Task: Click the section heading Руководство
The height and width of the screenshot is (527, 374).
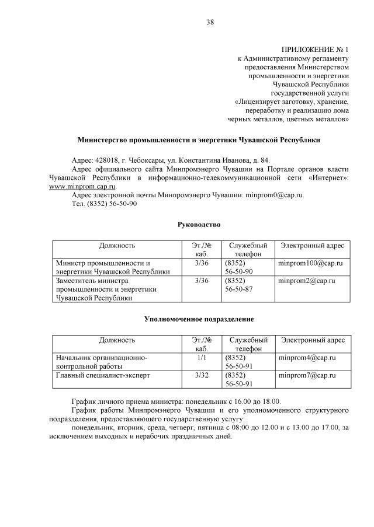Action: pyautogui.click(x=199, y=224)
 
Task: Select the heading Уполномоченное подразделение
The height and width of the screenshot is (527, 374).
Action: pyautogui.click(x=199, y=319)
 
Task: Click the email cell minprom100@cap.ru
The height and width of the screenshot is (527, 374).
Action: pyautogui.click(x=310, y=264)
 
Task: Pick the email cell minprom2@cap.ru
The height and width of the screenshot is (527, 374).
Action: pyautogui.click(x=306, y=281)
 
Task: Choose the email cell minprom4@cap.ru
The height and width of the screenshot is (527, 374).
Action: pyautogui.click(x=306, y=358)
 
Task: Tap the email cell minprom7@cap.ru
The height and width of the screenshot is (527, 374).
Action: pyautogui.click(x=306, y=375)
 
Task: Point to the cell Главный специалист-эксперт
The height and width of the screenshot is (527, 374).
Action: pyautogui.click(x=102, y=375)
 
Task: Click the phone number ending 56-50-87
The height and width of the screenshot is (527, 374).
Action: pyautogui.click(x=238, y=289)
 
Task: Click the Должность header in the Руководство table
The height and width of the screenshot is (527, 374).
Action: pyautogui.click(x=117, y=246)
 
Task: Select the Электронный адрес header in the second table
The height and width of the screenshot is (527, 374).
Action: pyautogui.click(x=313, y=340)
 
